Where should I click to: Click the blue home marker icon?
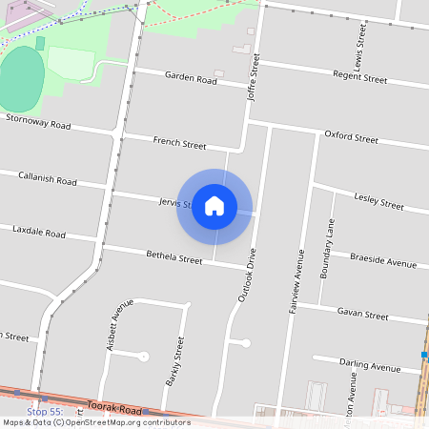point(214,206)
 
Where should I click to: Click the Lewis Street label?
point(361,46)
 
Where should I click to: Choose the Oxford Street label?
point(351,137)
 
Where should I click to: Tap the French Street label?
point(179,144)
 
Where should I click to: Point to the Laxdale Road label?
point(39,233)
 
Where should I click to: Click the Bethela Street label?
point(174,258)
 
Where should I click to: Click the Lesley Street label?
point(378,201)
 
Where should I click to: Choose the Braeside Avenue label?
point(383,260)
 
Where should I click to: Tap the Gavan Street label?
point(363,315)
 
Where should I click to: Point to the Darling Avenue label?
point(372,367)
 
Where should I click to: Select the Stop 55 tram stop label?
point(44,411)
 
